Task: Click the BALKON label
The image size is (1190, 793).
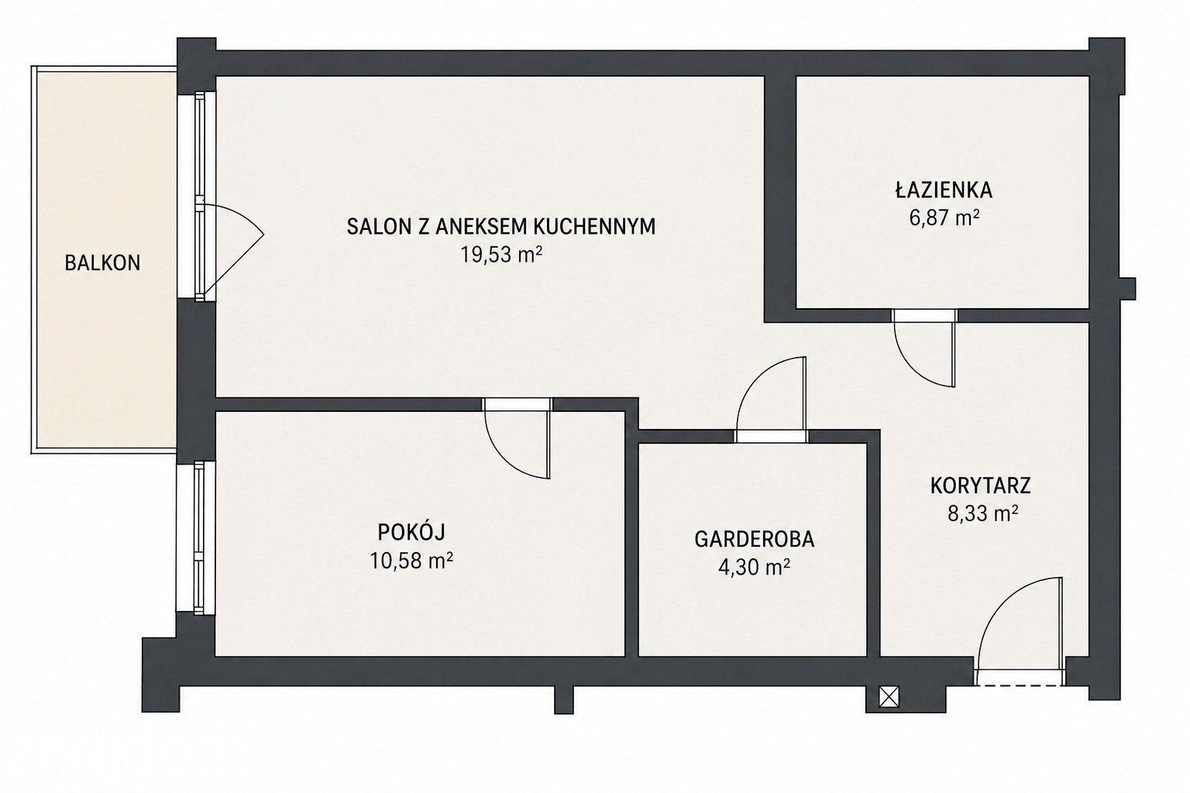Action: (102, 263)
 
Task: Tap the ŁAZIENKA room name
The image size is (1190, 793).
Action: (944, 190)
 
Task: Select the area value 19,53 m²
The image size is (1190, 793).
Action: (501, 256)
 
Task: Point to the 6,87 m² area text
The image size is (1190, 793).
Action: (944, 218)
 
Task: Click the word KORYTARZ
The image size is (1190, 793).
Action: (981, 486)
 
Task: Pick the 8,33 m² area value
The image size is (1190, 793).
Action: (983, 513)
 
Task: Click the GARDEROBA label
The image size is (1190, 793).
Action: (755, 539)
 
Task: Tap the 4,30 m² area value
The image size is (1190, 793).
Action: (754, 568)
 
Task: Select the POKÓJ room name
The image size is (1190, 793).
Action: (411, 532)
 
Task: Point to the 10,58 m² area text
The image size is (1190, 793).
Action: (411, 560)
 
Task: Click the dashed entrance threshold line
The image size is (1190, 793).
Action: (1020, 685)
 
